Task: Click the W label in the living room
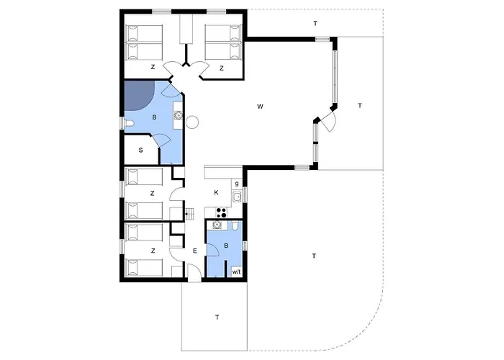click(x=260, y=107)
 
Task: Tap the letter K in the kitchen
click(x=216, y=192)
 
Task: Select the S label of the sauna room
click(x=141, y=150)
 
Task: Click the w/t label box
click(x=236, y=272)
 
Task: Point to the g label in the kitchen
click(x=237, y=184)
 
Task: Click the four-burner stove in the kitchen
click(x=221, y=212)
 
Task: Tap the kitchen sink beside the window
click(x=237, y=197)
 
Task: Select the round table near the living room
click(x=192, y=122)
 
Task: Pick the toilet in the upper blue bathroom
click(x=129, y=123)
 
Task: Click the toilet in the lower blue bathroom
click(x=235, y=226)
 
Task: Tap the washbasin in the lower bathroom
click(x=217, y=225)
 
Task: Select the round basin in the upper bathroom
click(x=178, y=114)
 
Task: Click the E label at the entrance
click(x=195, y=251)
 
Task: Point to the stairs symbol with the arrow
click(x=190, y=213)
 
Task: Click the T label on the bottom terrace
click(x=217, y=318)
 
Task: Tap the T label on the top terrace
click(x=315, y=24)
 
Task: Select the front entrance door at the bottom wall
click(x=194, y=273)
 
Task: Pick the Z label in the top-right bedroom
click(x=222, y=68)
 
